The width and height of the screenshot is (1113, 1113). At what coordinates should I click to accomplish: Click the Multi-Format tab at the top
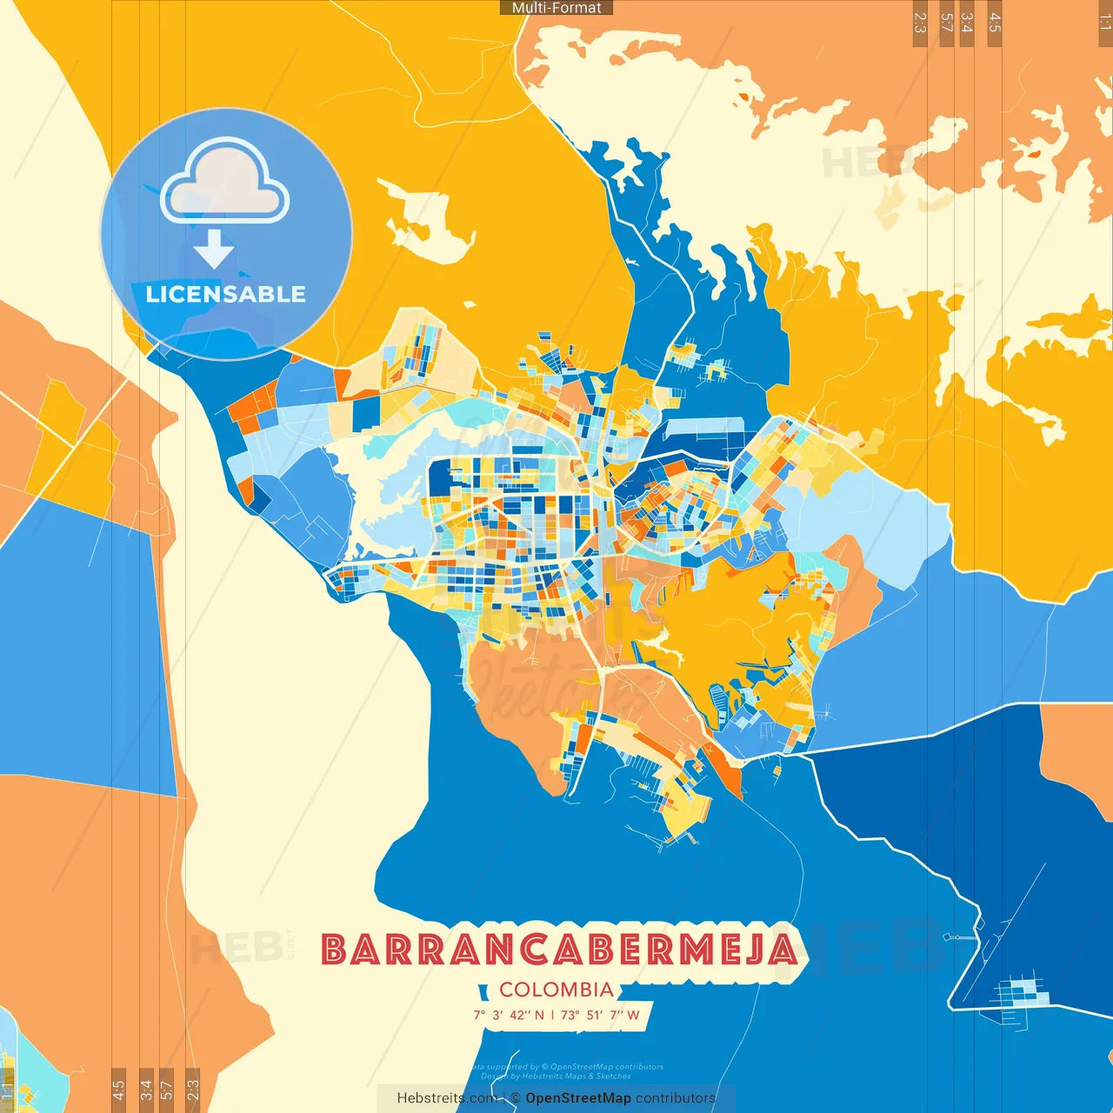[x=556, y=8]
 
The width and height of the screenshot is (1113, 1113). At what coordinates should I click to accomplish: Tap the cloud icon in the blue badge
[x=225, y=181]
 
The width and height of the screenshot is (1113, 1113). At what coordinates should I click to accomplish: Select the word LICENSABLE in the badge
[x=225, y=294]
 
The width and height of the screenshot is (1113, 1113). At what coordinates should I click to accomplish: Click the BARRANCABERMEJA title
[x=559, y=950]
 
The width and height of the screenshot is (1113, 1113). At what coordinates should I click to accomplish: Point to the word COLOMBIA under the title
[x=556, y=990]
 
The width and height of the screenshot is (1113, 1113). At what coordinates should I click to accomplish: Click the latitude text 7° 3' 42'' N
[x=509, y=1015]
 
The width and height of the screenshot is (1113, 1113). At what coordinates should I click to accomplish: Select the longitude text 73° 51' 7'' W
[x=600, y=1015]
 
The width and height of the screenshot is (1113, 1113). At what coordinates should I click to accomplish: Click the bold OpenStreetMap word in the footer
[x=578, y=1098]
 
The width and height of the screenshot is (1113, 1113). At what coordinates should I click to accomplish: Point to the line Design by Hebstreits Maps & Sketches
[x=556, y=1076]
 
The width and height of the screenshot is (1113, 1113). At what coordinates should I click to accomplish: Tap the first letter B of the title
[x=335, y=950]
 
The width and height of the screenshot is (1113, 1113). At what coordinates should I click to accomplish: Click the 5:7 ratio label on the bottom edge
[x=167, y=1090]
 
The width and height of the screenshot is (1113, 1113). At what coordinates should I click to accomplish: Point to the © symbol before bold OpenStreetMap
[x=516, y=1098]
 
